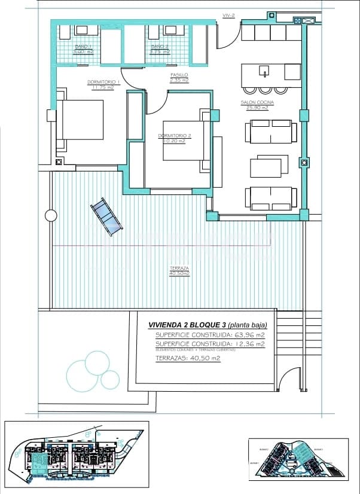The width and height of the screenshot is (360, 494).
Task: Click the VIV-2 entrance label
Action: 228,15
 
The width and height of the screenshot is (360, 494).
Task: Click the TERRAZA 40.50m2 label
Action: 179,270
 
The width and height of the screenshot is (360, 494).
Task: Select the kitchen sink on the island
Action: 263,72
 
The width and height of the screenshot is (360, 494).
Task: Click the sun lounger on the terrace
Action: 106,216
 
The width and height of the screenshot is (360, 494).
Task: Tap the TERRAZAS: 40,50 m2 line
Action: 188,358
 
